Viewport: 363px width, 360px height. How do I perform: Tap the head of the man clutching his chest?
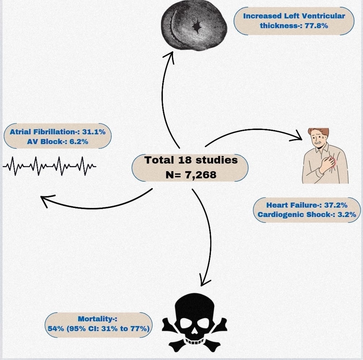pos(318,138)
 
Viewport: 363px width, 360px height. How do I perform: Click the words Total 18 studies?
pos(191,160)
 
